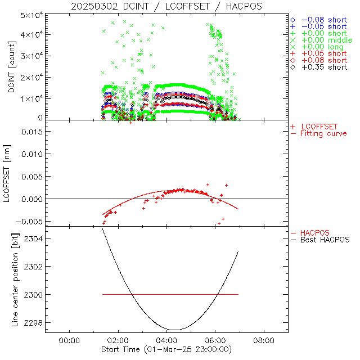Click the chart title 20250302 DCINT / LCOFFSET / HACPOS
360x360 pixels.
(166, 6)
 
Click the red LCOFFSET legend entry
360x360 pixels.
(319, 127)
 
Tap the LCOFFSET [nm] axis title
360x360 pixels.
(11, 174)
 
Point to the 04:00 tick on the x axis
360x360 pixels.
(166, 340)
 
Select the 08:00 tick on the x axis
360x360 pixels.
(264, 340)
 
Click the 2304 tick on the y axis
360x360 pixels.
(33, 238)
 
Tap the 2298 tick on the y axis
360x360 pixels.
(33, 323)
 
